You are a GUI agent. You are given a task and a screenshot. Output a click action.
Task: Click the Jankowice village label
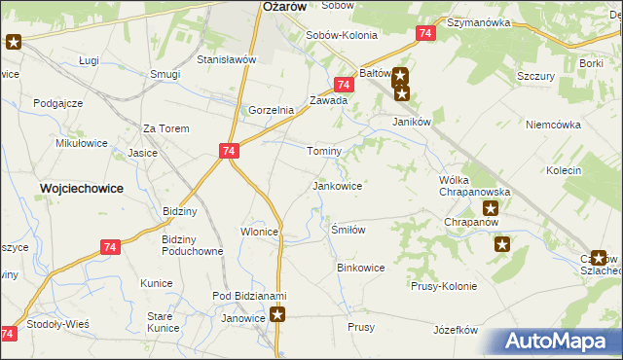337,185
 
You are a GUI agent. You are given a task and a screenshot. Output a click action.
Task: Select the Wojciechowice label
81,189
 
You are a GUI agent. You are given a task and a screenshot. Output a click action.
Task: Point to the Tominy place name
324,152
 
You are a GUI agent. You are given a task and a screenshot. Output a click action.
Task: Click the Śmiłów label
348,230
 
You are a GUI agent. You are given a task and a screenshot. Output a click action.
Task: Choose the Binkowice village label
360,267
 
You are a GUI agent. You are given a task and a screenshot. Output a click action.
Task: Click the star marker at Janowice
278,314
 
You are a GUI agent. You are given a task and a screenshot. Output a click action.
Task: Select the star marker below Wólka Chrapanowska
492,208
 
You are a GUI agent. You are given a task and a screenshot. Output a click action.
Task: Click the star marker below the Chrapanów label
502,244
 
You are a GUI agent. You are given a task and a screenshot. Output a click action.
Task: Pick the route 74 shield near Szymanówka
424,33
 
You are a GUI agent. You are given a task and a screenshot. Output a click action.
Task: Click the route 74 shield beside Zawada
343,86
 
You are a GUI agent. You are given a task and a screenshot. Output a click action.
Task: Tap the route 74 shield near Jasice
228,151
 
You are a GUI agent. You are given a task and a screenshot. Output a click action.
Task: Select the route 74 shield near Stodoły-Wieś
8,334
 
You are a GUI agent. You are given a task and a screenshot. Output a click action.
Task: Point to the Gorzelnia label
272,110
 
